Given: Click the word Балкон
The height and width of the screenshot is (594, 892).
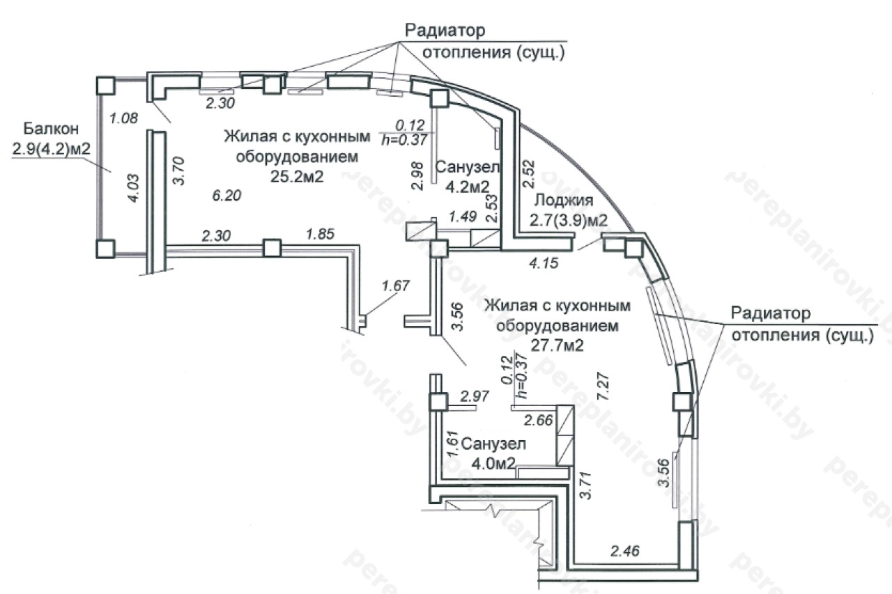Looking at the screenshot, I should pyautogui.click(x=49, y=128).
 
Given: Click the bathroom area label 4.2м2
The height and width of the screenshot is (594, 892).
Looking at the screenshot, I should pyautogui.click(x=462, y=186).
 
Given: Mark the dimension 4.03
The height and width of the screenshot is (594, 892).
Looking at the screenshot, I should pyautogui.click(x=134, y=189).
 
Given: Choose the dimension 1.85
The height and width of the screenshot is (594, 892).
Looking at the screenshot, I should pyautogui.click(x=321, y=234).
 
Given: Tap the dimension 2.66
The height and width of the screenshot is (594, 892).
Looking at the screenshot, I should pyautogui.click(x=538, y=420).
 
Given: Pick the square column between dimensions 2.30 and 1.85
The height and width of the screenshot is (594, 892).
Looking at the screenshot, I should pyautogui.click(x=272, y=248).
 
